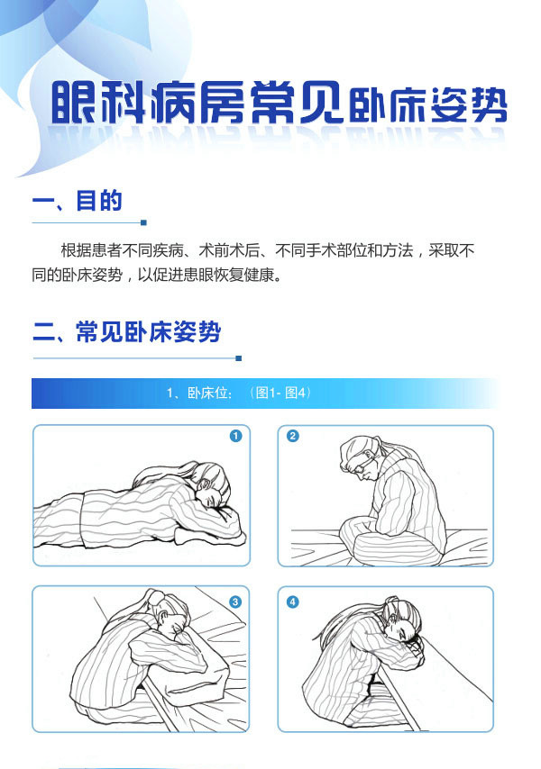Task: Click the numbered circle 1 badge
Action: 235,436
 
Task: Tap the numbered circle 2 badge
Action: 293,436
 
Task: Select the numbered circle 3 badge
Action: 235,602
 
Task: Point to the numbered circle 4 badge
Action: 293,602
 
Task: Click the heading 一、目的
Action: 78,201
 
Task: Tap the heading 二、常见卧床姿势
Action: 126,332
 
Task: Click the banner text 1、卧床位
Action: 198,393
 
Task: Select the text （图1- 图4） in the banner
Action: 280,393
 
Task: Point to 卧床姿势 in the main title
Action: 428,104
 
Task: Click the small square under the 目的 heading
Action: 144,222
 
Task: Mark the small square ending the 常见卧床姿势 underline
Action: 239,358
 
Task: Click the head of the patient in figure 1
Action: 213,485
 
